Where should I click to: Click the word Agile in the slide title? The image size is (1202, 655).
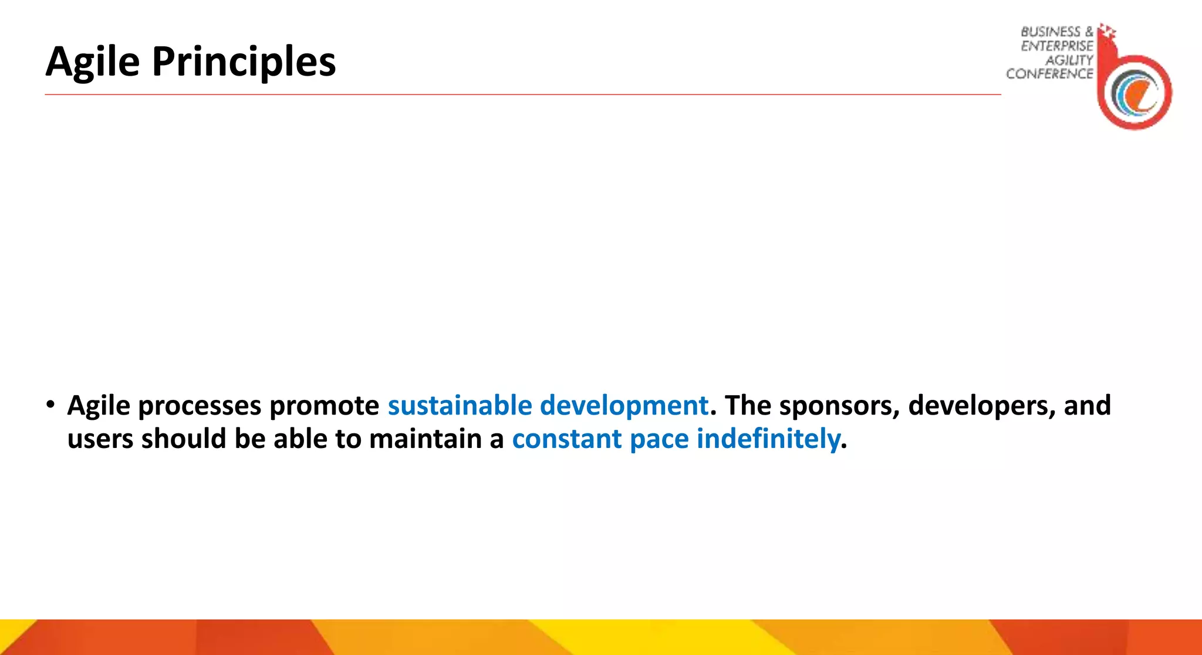pos(93,62)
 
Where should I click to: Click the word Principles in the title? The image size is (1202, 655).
pos(244,62)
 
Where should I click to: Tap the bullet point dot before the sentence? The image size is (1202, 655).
pos(51,404)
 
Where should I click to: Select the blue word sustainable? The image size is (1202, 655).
pos(460,405)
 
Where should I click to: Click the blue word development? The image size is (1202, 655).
pos(624,405)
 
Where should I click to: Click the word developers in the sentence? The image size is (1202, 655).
pos(974,406)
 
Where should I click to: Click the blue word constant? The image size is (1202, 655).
pos(566,439)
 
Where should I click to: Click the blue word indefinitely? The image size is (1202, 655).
pos(768,439)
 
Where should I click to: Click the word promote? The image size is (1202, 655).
pos(324,406)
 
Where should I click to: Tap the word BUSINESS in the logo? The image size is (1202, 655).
pos(1050,32)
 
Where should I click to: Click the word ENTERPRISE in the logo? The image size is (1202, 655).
pos(1056,46)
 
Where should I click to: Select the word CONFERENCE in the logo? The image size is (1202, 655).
pos(1049,74)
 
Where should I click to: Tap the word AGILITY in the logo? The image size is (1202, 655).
pos(1069,60)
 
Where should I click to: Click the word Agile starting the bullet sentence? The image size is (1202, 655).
pos(99,406)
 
